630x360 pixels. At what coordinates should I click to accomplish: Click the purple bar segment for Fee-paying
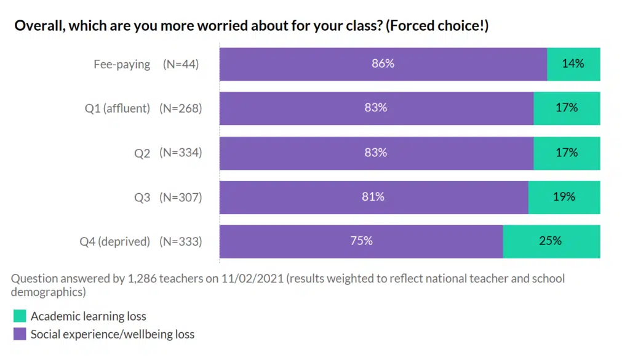click(308, 64)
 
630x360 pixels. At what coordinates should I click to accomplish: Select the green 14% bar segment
click(573, 64)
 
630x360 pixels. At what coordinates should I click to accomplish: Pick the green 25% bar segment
click(551, 241)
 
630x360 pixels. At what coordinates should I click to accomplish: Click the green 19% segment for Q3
click(564, 197)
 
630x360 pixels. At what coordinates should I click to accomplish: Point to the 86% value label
click(383, 63)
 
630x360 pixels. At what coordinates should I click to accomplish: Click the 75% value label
click(362, 241)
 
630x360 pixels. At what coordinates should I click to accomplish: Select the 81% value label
click(373, 196)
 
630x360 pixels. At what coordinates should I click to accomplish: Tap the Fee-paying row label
click(122, 64)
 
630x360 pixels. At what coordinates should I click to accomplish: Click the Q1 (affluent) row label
click(118, 108)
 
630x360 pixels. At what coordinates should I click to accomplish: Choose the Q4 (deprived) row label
click(115, 241)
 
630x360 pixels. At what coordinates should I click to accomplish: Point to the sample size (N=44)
click(181, 64)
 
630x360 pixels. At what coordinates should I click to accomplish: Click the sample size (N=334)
click(181, 153)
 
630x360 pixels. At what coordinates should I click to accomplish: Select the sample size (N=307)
click(181, 197)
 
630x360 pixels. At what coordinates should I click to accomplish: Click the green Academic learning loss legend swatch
click(20, 316)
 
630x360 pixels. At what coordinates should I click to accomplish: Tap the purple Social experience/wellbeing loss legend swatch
click(20, 334)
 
